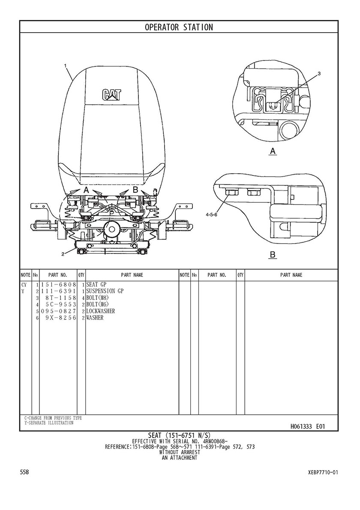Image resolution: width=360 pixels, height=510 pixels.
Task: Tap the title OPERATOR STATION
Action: (x=179, y=27)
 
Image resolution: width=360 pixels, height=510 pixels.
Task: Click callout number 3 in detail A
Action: (x=319, y=73)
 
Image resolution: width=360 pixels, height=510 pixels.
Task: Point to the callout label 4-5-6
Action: (x=211, y=214)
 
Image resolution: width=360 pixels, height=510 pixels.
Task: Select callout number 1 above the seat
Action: (x=65, y=65)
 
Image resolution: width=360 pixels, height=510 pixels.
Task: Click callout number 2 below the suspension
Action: (x=63, y=254)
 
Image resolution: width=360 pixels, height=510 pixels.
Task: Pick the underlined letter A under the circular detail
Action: (x=273, y=151)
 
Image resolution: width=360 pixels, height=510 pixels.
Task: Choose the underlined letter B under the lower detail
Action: (x=273, y=255)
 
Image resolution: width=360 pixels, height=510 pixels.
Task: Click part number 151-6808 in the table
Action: (x=58, y=285)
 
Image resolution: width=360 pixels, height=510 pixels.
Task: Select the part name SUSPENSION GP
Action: (x=105, y=291)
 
